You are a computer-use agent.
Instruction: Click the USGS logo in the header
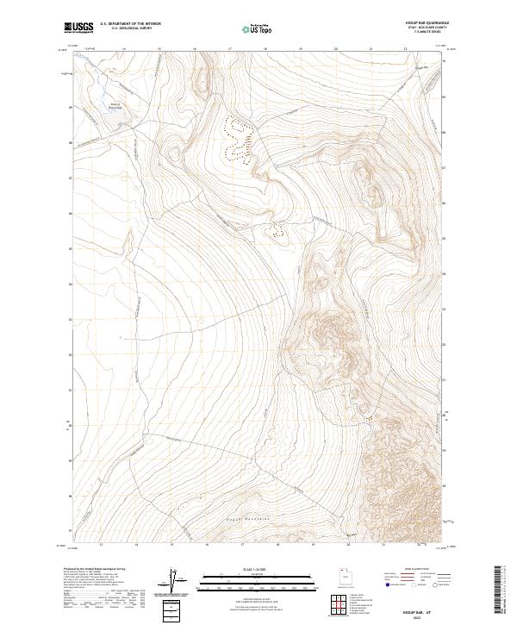coord(78,28)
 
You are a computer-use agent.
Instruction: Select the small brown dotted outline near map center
coord(277,229)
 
